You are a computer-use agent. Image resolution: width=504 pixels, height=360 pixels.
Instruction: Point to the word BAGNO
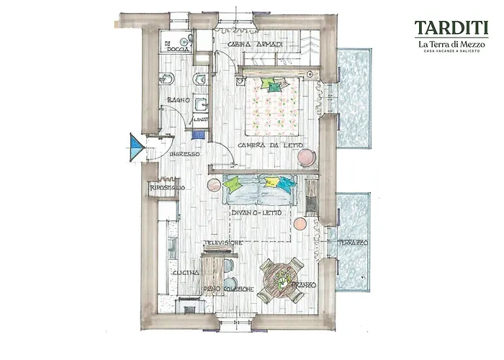[x=178, y=99]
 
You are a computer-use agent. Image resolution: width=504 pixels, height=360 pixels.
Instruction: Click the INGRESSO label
[x=184, y=154]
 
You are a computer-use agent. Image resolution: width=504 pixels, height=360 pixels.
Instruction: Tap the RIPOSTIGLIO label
[x=168, y=188]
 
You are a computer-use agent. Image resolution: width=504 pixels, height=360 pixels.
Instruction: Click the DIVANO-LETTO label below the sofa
[x=255, y=213]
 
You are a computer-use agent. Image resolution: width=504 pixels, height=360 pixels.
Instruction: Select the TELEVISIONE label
[x=222, y=243]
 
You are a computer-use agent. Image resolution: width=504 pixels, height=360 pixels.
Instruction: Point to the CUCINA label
[x=184, y=274]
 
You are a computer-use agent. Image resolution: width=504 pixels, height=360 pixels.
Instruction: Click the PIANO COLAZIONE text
[x=228, y=289]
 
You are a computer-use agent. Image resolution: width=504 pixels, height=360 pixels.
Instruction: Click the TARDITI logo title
[x=451, y=29]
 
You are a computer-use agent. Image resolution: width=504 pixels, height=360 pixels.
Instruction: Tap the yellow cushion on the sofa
[x=272, y=181]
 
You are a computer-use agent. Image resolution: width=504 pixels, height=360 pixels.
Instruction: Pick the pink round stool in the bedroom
[x=306, y=156]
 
